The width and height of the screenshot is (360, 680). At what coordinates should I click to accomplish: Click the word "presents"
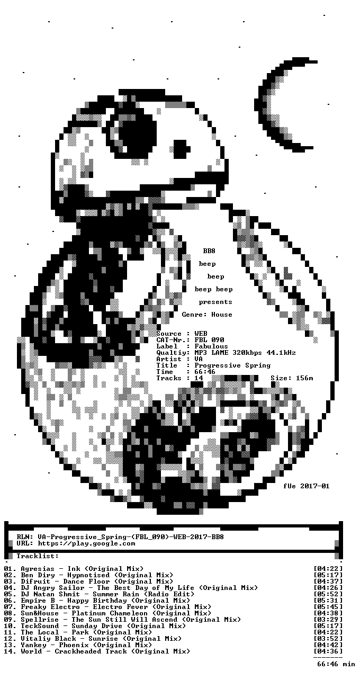pos(215,302)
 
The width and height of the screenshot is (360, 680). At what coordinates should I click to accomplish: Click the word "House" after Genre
pos(222,315)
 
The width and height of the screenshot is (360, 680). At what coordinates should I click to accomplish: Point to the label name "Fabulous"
pos(211,346)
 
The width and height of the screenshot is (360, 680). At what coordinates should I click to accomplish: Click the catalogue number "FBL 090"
pos(209,339)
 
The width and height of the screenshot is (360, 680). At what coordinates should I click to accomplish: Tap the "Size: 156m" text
pos(292,378)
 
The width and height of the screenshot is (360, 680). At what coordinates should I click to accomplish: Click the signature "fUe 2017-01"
pos(307,486)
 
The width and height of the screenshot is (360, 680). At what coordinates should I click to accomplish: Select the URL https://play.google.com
pos(86,543)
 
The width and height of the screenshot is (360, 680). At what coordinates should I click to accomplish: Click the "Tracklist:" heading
pos(38,556)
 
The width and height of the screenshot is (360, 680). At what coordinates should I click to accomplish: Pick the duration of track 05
pos(328,594)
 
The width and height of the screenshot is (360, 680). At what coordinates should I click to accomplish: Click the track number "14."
pos(10,651)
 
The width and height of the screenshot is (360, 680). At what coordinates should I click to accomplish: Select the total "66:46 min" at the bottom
pos(336,664)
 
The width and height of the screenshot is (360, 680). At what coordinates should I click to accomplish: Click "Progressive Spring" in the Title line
pos(232,365)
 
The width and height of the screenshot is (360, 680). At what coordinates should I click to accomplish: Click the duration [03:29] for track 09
pos(328,619)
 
